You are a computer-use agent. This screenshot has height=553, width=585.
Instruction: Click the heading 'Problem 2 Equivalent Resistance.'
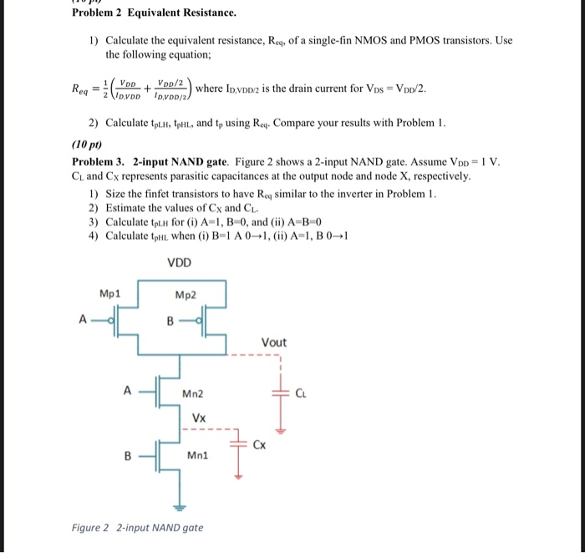(x=154, y=13)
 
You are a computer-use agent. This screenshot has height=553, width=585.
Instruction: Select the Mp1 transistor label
(x=109, y=293)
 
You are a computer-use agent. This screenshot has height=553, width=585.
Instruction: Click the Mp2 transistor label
(x=186, y=294)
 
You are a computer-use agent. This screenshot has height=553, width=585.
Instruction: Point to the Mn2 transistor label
(x=193, y=393)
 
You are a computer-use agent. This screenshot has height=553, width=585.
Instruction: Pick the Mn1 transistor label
(x=196, y=456)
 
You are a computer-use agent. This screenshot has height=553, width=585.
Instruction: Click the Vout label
(x=273, y=342)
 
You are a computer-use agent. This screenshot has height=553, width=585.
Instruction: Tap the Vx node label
(x=199, y=417)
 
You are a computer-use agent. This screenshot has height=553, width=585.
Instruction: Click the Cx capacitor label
(x=262, y=444)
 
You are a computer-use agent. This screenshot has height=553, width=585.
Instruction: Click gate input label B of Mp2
(x=170, y=319)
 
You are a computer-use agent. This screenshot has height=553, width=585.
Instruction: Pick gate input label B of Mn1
(x=128, y=456)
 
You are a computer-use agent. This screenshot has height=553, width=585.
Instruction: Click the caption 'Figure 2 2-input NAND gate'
(x=137, y=527)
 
